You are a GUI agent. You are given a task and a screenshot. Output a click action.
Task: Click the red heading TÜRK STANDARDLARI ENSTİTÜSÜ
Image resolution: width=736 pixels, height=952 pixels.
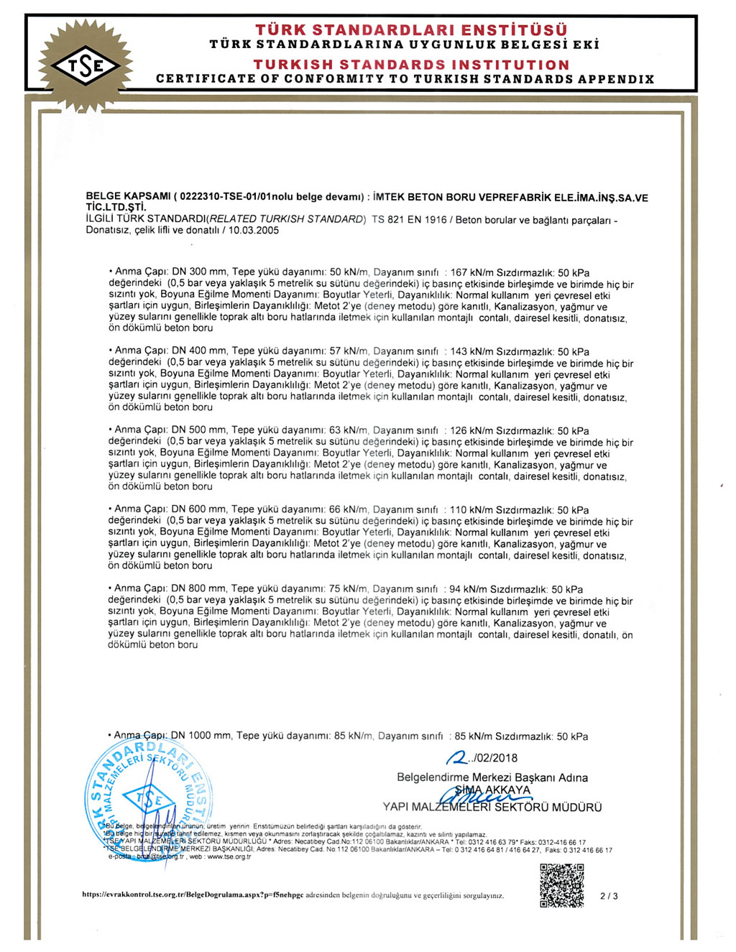[411, 29]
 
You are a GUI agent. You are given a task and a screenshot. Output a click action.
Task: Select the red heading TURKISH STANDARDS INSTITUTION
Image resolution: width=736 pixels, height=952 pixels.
[411, 65]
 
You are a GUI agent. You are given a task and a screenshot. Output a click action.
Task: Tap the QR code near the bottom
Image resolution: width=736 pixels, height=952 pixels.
[561, 886]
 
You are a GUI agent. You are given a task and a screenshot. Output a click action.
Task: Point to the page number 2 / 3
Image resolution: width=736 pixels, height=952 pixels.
[609, 896]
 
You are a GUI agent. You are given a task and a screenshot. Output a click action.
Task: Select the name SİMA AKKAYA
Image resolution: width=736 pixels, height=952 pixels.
[493, 790]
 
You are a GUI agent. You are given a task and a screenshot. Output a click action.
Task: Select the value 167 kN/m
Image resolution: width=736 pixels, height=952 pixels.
[471, 272]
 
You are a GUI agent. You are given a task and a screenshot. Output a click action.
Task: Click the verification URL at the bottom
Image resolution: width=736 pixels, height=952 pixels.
[193, 895]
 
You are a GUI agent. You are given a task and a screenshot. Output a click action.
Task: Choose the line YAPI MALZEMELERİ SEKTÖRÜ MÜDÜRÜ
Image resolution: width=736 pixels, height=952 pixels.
[492, 807]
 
